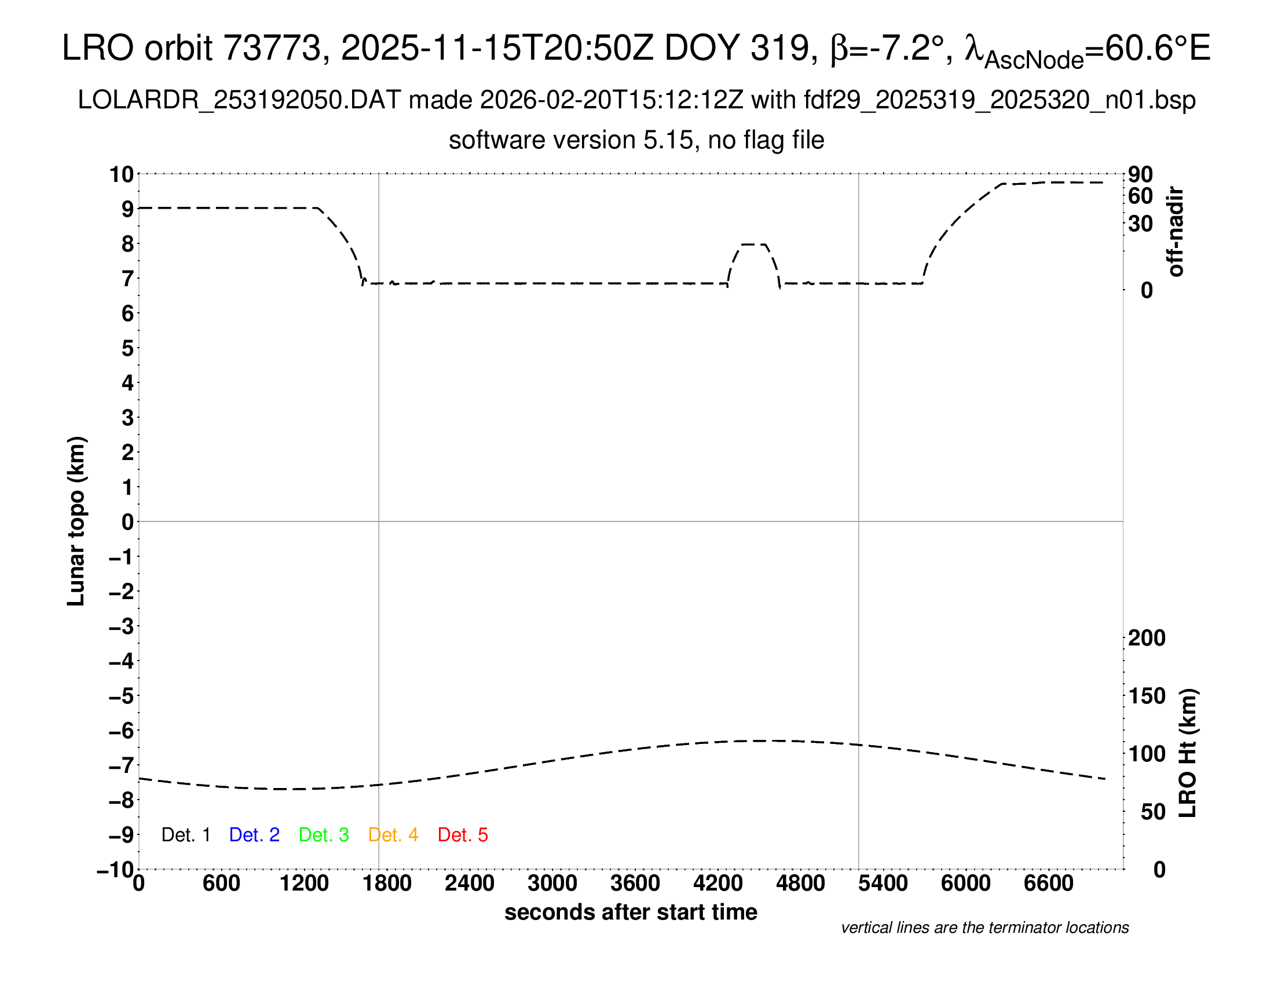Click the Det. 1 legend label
(185, 835)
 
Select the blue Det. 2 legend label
(254, 835)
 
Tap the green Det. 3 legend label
(324, 835)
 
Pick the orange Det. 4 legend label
(393, 835)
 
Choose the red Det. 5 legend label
(463, 835)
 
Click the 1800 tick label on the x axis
(387, 884)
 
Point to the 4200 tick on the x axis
(717, 884)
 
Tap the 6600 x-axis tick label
(1048, 884)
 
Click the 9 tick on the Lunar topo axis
(127, 209)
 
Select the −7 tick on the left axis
(122, 765)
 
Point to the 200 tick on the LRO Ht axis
(1147, 638)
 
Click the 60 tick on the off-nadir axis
(1140, 196)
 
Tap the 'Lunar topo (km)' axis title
(76, 521)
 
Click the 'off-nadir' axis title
(1176, 232)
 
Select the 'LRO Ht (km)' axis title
(1188, 753)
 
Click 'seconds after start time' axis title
(631, 912)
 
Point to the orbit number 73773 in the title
(272, 48)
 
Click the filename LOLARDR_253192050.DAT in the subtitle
(239, 100)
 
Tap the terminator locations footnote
(984, 928)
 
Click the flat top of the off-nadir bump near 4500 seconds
(753, 244)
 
